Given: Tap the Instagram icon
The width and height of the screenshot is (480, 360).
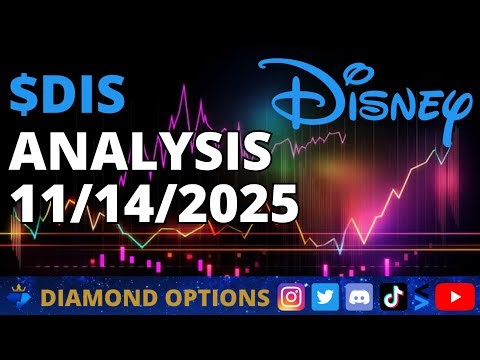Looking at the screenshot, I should click(292, 297).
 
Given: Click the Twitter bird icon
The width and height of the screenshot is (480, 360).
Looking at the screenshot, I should click(325, 297).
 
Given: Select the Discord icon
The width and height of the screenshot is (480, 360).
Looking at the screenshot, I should click(358, 297).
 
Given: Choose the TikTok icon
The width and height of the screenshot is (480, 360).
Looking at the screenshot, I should click(391, 297).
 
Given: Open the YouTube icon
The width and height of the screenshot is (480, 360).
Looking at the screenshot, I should click(455, 297).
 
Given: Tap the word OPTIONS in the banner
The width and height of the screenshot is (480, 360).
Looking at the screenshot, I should click(220, 298).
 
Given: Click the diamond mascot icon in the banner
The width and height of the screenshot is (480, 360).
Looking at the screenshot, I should click(21, 297).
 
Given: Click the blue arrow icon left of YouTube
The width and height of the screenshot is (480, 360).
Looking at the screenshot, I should click(422, 297).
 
